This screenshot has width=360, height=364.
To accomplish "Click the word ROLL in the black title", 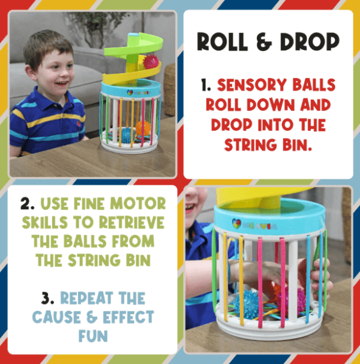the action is [x=222, y=42].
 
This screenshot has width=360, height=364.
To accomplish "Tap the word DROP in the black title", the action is [x=310, y=41].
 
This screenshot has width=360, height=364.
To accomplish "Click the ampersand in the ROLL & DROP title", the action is [x=264, y=42].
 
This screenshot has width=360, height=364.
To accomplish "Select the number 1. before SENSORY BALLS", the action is [x=206, y=85].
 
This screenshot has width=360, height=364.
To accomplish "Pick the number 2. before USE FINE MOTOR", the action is [x=28, y=204].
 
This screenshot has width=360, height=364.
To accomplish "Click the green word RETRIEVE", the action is [x=131, y=222].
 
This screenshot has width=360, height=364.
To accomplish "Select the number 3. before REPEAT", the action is [x=48, y=298].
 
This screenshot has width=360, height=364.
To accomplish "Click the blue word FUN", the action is [x=93, y=336].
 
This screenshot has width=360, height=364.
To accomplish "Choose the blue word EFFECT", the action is [x=128, y=317].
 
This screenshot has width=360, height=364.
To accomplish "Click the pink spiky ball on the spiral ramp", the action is [x=151, y=62].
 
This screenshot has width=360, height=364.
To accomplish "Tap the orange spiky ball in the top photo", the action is [x=143, y=128].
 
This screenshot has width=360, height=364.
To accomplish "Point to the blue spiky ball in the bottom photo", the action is [x=246, y=301].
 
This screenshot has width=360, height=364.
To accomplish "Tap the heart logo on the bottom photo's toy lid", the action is [x=236, y=223].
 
